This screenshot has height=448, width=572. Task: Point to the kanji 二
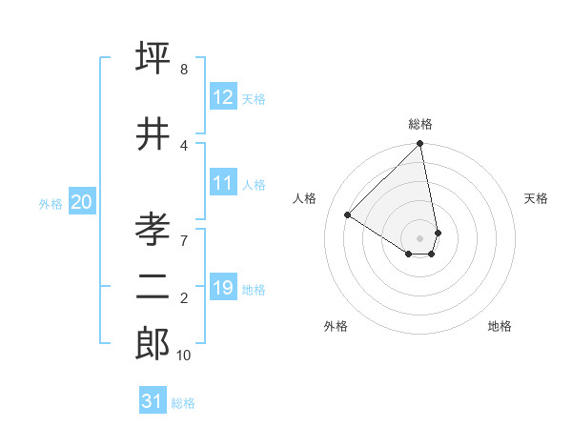tap(153, 287)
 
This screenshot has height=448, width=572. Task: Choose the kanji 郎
tap(153, 343)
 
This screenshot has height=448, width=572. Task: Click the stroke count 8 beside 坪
tap(184, 70)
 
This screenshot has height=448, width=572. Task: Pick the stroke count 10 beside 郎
tap(184, 356)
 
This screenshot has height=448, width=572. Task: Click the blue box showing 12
tap(223, 97)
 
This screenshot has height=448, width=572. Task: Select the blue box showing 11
tap(223, 183)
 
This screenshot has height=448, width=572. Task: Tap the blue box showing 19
tap(223, 288)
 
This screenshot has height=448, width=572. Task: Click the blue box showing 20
tap(82, 201)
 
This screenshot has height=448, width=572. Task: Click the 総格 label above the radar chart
tap(420, 124)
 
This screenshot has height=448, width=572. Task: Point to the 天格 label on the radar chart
tap(536, 198)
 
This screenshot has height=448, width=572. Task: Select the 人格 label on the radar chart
tap(305, 198)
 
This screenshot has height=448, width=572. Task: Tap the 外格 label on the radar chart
tap(336, 326)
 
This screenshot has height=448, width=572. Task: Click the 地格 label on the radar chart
tap(500, 326)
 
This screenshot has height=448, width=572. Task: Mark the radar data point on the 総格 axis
tap(420, 144)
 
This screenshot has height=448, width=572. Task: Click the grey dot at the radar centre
tap(420, 237)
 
